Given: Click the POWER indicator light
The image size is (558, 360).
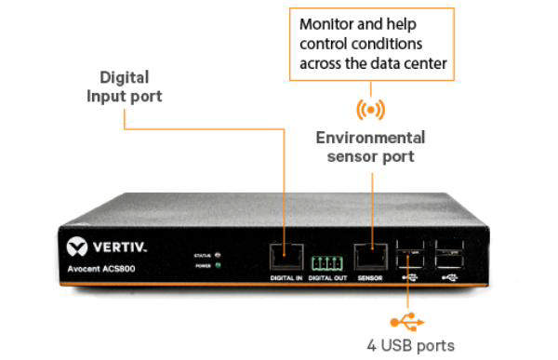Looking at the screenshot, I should pos(217,264).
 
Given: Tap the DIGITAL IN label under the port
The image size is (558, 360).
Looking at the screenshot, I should pos(286,278).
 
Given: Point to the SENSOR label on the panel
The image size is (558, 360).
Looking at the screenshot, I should pos(371,278).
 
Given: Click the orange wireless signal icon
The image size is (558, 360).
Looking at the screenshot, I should pos(371,109).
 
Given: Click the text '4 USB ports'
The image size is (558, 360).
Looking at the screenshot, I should pos(409,346).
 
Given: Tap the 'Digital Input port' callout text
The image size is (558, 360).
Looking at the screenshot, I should pos(124,87).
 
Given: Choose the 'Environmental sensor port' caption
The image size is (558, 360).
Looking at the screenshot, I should pos(370,147).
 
